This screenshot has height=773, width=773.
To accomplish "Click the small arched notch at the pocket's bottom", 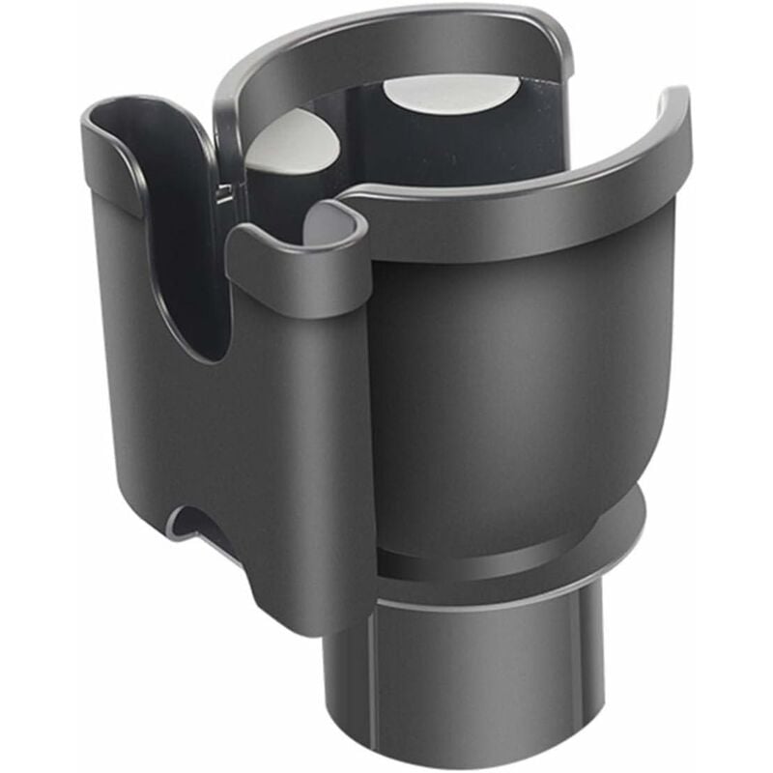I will point(198,522).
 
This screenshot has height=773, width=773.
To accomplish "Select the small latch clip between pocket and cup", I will point(225,193).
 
